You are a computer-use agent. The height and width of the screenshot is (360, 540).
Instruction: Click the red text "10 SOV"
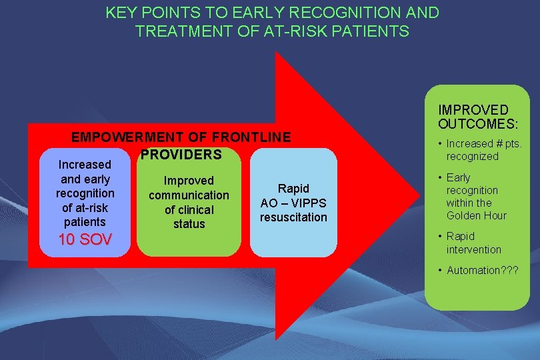(x=85, y=239)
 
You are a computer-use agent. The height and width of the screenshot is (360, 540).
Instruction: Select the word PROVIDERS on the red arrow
(x=181, y=155)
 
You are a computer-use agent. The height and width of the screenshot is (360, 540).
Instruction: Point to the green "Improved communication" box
(x=189, y=202)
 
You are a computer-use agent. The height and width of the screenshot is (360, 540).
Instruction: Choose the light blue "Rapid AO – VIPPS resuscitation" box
(x=293, y=203)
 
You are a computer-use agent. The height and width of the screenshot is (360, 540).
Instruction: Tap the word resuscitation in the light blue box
(x=293, y=217)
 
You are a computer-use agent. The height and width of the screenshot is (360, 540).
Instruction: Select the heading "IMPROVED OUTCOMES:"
(x=473, y=117)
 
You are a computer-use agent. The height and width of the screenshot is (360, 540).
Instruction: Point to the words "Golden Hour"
(x=476, y=215)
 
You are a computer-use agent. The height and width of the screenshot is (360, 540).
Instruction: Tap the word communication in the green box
(x=189, y=195)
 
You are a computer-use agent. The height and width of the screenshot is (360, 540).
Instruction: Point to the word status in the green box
(x=189, y=224)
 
